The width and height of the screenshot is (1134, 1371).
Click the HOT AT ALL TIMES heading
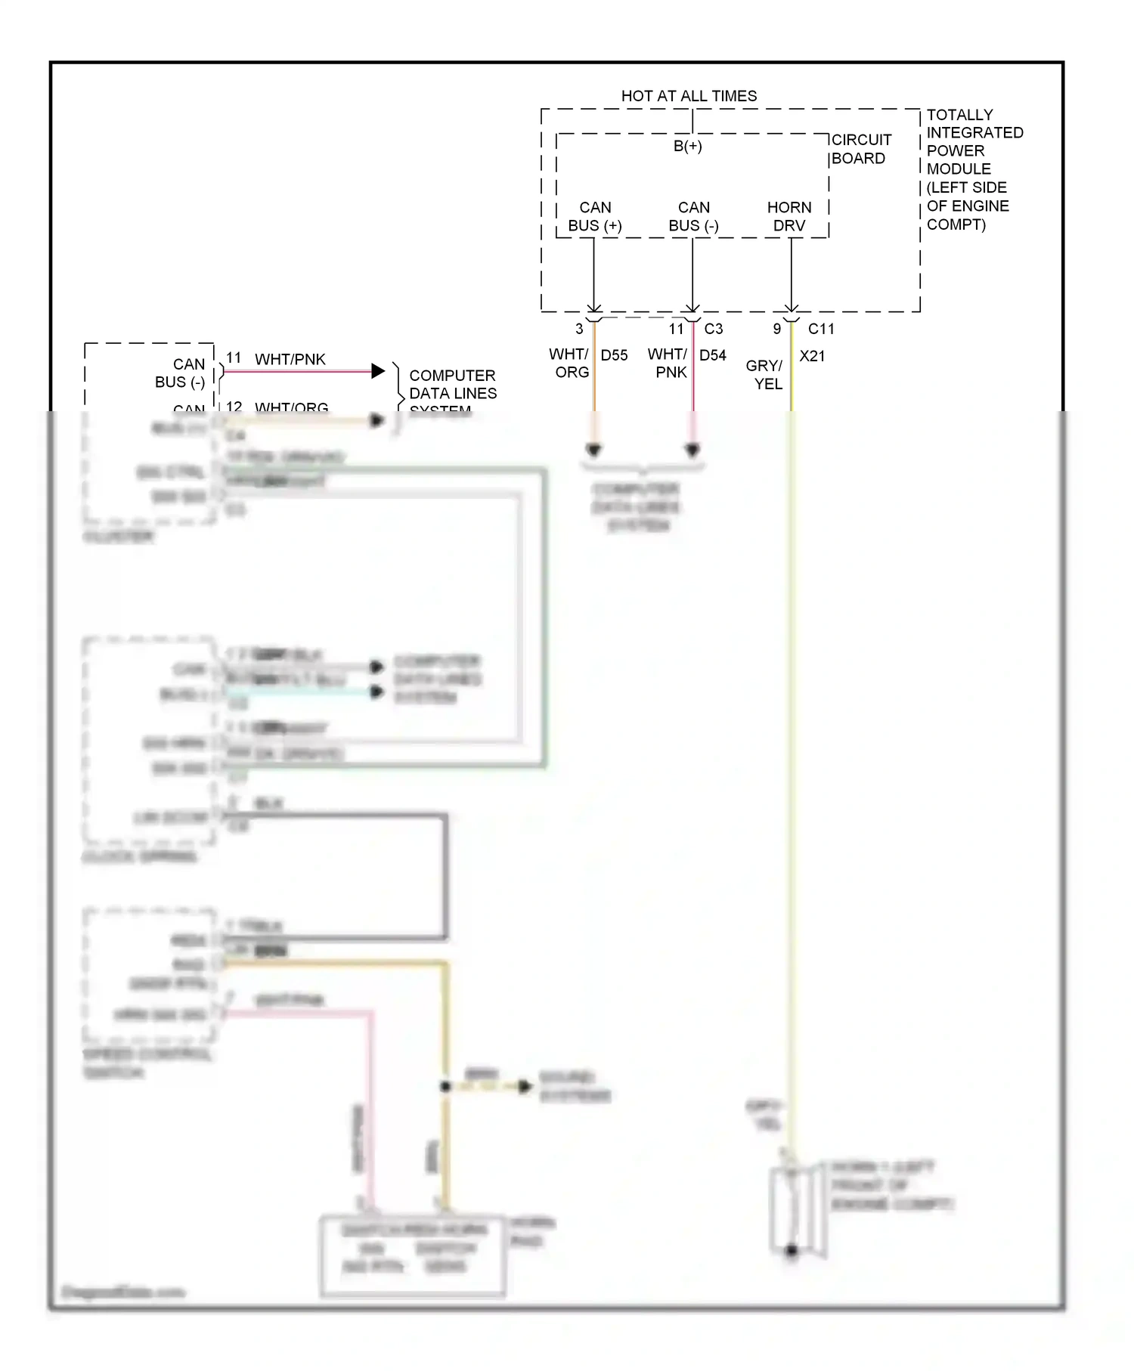689,96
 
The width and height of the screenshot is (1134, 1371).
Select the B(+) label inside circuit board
687,146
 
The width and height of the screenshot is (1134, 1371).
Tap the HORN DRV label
789,216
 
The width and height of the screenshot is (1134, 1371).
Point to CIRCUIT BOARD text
860,149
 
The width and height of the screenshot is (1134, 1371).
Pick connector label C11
821,329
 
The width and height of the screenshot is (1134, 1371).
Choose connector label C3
713,329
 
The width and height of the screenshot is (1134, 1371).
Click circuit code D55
614,355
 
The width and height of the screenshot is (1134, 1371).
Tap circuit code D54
712,355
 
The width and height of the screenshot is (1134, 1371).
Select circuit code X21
812,356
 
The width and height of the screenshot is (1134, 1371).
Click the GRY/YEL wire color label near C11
765,375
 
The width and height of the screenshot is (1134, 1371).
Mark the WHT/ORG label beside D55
569,364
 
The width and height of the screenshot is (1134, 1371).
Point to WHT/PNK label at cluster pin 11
290,359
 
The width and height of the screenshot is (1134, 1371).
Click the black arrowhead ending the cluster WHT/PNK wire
378,371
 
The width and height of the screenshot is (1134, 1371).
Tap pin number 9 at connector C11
776,329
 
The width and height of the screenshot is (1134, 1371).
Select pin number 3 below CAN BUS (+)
579,329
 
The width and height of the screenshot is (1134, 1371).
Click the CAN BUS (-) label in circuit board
693,216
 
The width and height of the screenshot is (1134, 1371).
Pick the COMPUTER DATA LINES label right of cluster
452,385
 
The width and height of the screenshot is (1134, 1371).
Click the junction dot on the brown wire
445,1086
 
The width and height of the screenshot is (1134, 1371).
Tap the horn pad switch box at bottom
413,1256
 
